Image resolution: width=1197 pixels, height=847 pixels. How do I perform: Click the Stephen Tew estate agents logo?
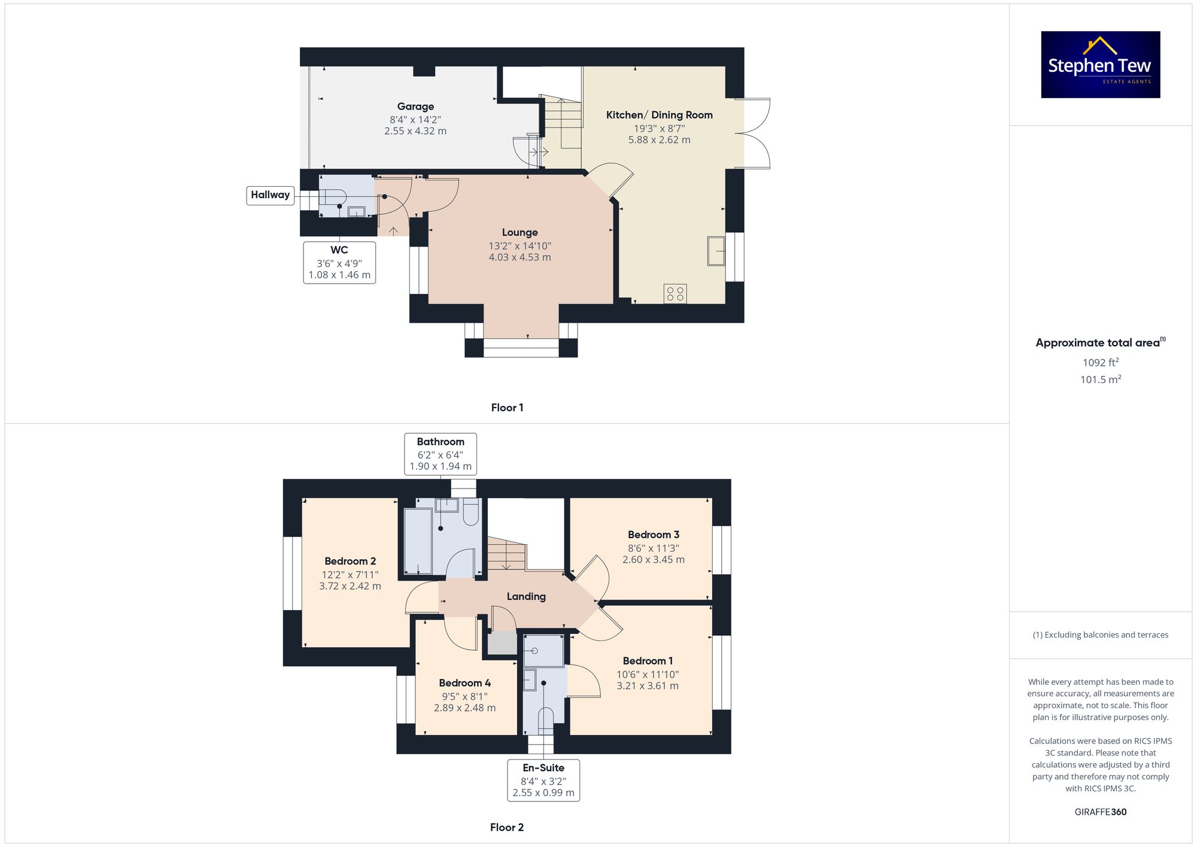(1101, 65)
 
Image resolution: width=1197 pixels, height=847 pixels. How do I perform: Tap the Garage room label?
(415, 107)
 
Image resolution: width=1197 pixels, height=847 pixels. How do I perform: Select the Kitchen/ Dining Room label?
(660, 115)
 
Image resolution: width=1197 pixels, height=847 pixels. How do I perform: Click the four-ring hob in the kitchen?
(675, 293)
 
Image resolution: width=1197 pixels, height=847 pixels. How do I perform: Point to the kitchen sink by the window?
(716, 251)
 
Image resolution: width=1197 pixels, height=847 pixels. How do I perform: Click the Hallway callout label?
(271, 195)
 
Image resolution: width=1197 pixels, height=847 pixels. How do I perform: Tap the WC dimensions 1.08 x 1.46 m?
(339, 275)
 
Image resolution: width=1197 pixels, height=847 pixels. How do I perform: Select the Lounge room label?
(520, 232)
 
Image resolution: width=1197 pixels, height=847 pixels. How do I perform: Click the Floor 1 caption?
(507, 408)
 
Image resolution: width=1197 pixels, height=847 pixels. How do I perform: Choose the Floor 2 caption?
(507, 827)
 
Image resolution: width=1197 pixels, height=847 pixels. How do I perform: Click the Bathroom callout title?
(440, 442)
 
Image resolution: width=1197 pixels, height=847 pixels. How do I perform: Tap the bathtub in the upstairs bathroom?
(418, 542)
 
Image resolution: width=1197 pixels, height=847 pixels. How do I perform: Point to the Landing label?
(526, 597)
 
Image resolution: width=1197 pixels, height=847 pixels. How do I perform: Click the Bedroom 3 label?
(654, 535)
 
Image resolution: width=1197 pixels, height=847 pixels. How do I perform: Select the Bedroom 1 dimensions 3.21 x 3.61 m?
(648, 686)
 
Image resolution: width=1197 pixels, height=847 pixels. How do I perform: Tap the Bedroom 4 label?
(465, 683)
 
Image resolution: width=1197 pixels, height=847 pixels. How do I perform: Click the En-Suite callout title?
(543, 768)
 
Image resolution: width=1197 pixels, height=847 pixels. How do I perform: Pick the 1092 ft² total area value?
(1101, 362)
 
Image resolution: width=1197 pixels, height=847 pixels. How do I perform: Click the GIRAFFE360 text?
(1101, 812)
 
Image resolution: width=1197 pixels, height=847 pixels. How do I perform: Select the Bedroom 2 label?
(350, 561)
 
